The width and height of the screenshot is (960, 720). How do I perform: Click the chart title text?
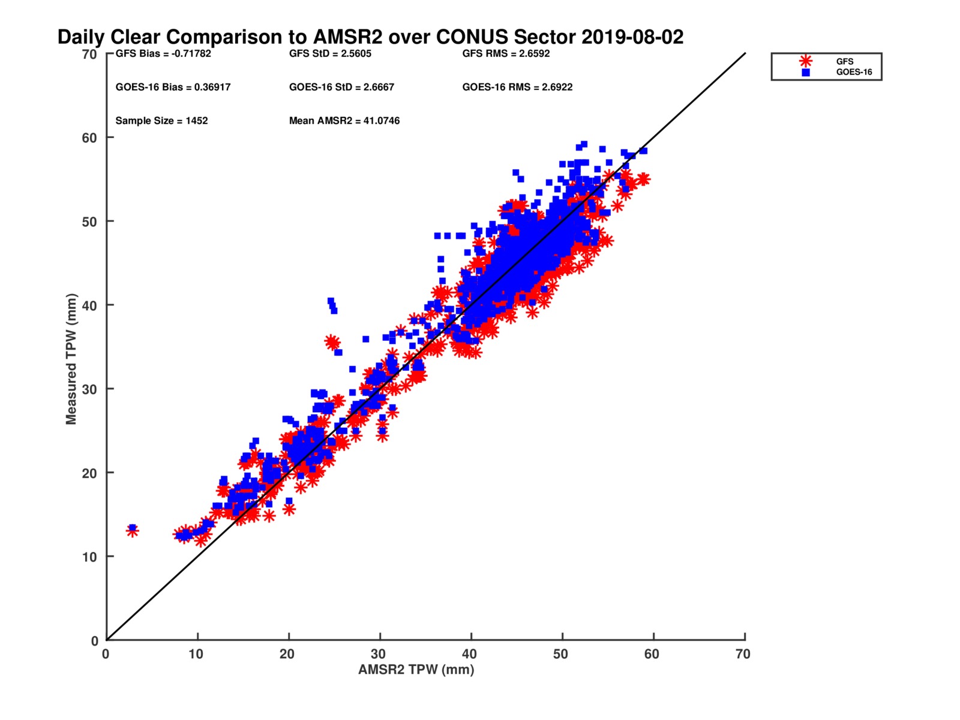coord(370,37)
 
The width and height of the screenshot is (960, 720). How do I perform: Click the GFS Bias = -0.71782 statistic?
coord(163,53)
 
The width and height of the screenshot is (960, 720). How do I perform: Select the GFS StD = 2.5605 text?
coord(330,53)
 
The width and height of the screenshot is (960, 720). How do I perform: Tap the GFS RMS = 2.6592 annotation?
coord(506,53)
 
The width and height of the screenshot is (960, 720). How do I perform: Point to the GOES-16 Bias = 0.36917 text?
coord(173,87)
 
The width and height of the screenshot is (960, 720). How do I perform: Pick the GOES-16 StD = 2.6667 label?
coord(341,87)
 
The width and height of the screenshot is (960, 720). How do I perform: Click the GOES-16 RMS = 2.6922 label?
coord(517,87)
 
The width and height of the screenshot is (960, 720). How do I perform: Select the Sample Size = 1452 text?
coord(161,121)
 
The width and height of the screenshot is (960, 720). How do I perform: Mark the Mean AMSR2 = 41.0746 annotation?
coord(344,121)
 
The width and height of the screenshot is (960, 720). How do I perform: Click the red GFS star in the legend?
coord(806,61)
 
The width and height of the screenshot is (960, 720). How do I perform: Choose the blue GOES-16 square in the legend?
coord(806,73)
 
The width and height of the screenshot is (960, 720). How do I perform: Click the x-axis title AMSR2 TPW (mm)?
coord(416,670)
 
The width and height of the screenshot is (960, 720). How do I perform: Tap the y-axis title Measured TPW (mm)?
coord(71,359)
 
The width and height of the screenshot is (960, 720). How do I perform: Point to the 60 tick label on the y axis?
coord(89,138)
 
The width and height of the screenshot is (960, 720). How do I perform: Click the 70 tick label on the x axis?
coord(743,654)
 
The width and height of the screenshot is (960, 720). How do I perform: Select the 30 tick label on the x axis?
coord(378,654)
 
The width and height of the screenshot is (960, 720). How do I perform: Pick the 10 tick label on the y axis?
coord(89,557)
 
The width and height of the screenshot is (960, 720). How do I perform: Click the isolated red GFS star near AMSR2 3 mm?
coord(132,531)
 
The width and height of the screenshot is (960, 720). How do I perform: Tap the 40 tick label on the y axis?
coord(89,305)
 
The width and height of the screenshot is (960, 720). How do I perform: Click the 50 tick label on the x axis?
coord(560,654)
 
